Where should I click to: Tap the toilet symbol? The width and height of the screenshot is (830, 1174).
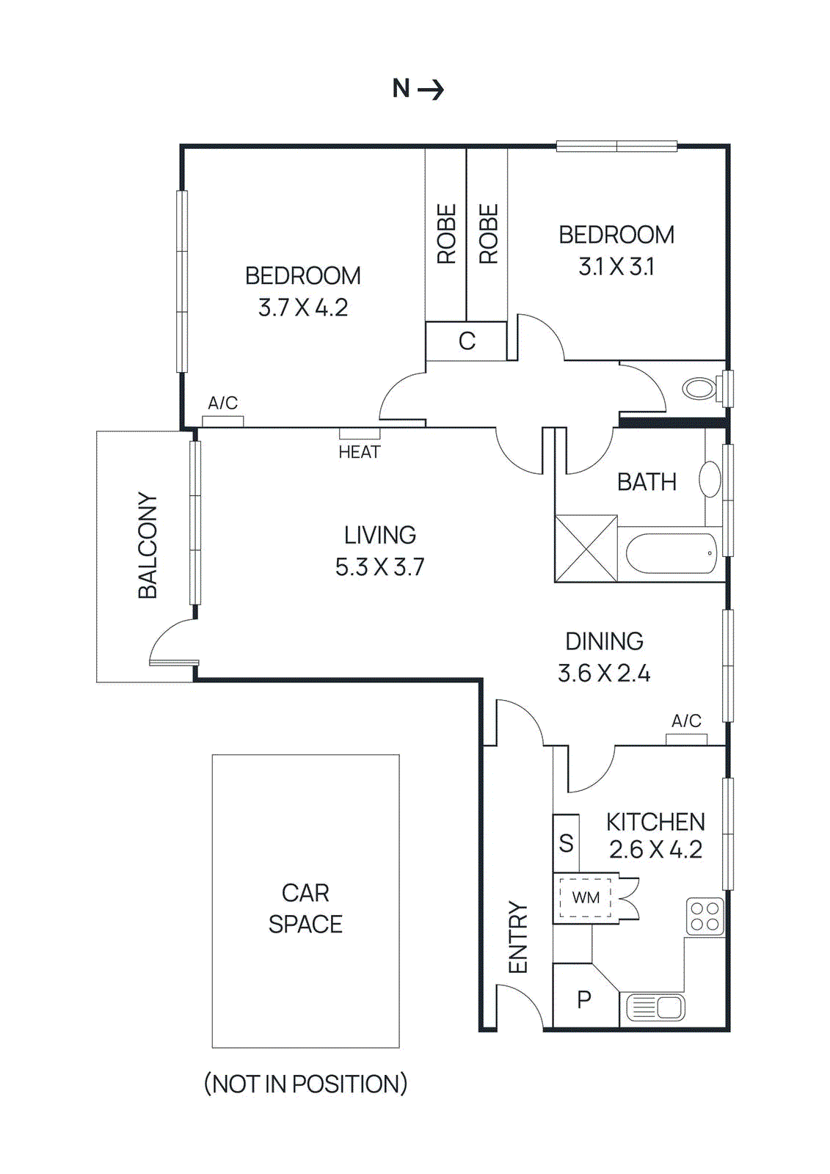[x=700, y=388]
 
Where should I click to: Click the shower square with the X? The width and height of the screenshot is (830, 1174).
[x=586, y=549]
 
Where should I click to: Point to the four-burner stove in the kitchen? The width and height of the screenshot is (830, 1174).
[x=705, y=916]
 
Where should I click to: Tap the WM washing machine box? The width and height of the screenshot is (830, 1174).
[x=585, y=897]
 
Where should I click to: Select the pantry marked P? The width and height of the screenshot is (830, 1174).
[x=584, y=999]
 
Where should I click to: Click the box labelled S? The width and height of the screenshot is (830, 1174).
[x=566, y=843]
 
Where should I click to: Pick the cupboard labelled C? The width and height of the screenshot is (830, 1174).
[x=467, y=341]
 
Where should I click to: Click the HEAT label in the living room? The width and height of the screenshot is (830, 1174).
[x=359, y=452]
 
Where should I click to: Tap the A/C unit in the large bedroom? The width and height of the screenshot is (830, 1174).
[x=222, y=421]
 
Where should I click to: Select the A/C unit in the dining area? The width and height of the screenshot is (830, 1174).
[x=686, y=740]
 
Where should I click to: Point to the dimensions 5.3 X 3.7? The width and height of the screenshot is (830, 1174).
[x=379, y=567]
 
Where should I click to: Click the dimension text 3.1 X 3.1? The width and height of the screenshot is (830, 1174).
[x=616, y=266]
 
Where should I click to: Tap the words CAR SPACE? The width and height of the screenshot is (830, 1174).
[x=305, y=908]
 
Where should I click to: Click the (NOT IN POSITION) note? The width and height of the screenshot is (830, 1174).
[x=305, y=1084]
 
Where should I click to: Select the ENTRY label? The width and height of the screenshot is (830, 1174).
[x=518, y=937]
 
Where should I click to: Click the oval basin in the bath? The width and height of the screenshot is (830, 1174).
[x=710, y=480]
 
